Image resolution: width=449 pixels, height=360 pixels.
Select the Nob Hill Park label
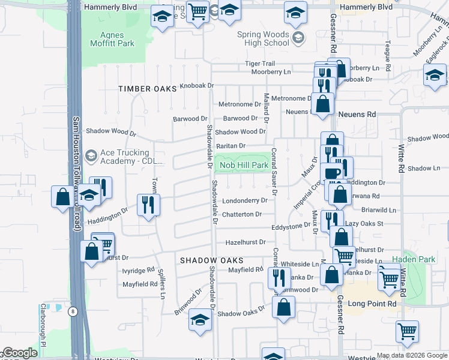[244, 165]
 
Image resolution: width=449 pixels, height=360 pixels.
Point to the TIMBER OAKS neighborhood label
[148, 88]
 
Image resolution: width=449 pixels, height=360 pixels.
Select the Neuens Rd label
[357, 114]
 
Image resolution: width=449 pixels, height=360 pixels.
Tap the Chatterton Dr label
[243, 214]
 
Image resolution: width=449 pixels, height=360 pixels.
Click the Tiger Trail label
[259, 64]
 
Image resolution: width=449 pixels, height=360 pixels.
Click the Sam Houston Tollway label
[76, 174]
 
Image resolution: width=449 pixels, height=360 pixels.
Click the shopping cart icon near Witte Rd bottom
[408, 331]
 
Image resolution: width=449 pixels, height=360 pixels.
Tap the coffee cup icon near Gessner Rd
[331, 173]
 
